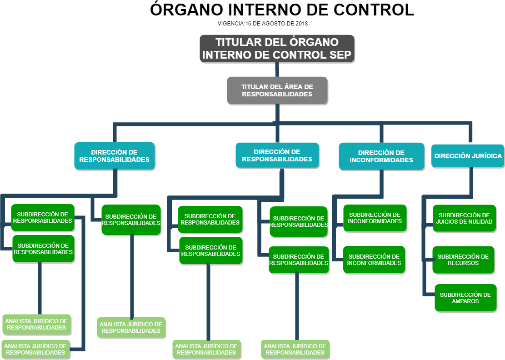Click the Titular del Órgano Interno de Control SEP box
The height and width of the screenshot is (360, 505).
tap(277, 49)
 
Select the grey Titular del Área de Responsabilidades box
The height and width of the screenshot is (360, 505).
tap(277, 90)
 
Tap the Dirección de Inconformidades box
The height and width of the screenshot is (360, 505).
tap(381, 156)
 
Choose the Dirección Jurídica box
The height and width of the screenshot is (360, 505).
tap(468, 156)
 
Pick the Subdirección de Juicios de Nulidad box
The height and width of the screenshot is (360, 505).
tap(464, 218)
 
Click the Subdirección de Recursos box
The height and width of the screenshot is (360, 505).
tap(463, 260)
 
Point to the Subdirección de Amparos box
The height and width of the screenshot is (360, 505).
tap(465, 298)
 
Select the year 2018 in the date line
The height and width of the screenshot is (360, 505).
tap(302, 24)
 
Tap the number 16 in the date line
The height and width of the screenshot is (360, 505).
tap(249, 24)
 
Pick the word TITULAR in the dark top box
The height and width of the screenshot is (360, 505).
tap(238, 42)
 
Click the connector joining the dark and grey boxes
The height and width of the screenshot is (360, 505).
tap(277, 70)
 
